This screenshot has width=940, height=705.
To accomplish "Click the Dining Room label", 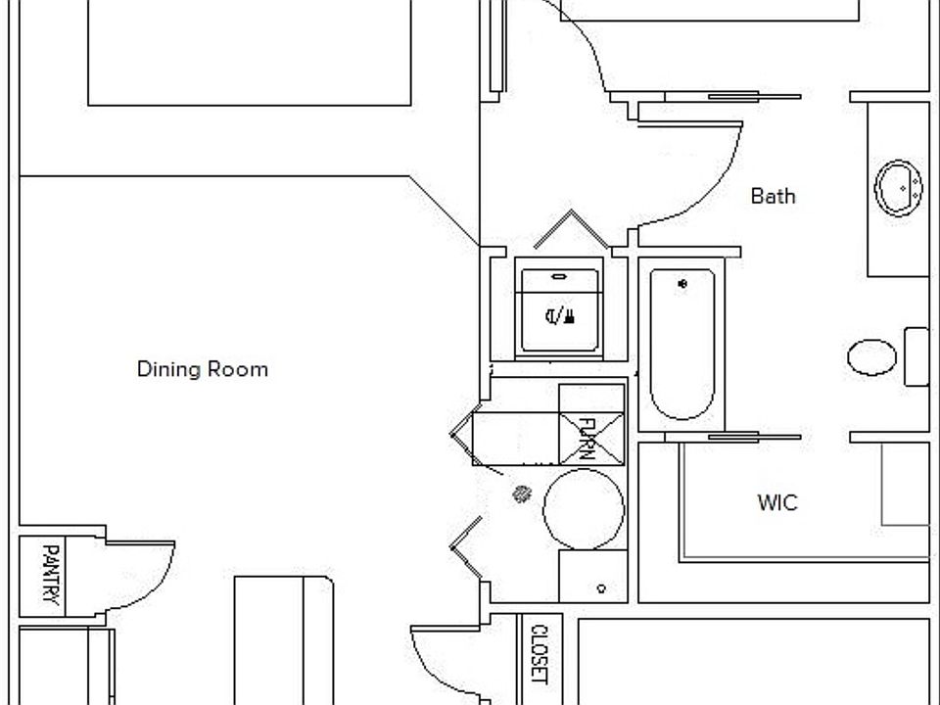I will pos(202,369).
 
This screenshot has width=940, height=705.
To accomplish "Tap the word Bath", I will pos(773,196).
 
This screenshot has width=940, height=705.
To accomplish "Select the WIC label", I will pos(777,502).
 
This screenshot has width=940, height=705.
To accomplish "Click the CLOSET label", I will pos(539,653).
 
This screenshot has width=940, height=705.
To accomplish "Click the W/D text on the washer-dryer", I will pos(559,315).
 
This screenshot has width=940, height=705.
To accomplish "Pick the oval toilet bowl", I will pos(871,357).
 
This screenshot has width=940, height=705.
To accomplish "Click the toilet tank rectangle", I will pos(916,357).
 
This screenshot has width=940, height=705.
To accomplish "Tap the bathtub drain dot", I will pos(682,284).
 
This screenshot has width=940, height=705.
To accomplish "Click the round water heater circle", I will pos(584,509).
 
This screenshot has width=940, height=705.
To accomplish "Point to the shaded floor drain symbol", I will pos(521,494).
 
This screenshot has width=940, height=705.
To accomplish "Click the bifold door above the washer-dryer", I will pos(571,229).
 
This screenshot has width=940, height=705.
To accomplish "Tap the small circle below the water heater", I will pos(601,588).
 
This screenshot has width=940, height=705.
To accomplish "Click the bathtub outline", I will pos(681,343).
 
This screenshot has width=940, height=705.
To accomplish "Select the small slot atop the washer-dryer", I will pos(559,278).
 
